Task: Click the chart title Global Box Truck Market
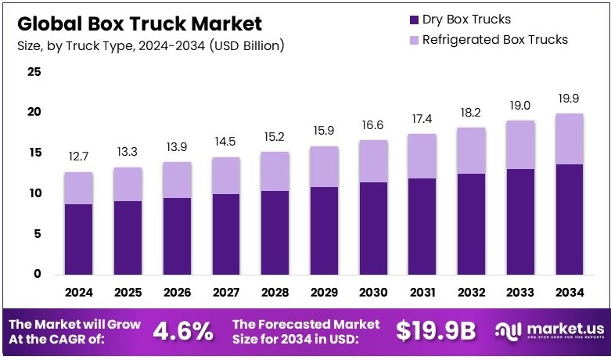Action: tap(139, 23)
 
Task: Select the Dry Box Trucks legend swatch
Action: tap(413, 19)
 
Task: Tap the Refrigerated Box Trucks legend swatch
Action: tap(413, 39)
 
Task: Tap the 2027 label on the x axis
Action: tap(226, 293)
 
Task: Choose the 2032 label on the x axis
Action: tap(472, 293)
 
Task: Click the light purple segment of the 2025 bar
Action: tap(128, 184)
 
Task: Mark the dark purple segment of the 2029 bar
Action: tap(325, 231)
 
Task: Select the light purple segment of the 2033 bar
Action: tap(520, 145)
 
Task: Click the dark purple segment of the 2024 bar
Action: tap(79, 239)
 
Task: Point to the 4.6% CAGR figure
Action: tap(182, 331)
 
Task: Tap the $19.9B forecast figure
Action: tap(435, 331)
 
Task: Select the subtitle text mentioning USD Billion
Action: tap(150, 45)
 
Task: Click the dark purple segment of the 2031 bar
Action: tap(422, 226)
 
